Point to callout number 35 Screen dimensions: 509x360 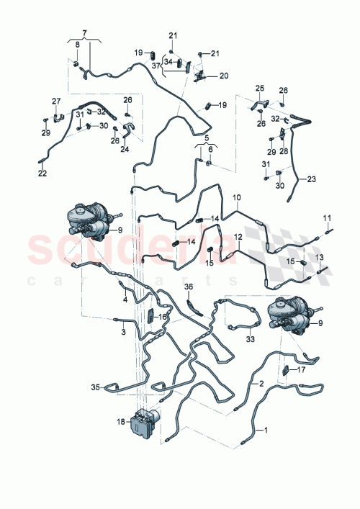(94, 387)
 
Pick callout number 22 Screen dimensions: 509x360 (41, 173)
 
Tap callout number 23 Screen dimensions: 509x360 (311, 179)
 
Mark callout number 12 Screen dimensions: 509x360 (238, 236)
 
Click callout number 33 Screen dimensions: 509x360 (251, 339)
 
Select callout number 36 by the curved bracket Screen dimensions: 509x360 (189, 287)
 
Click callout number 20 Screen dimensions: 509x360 (224, 76)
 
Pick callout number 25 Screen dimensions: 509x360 (260, 89)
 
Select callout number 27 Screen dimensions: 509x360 (55, 101)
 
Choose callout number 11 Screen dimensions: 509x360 (325, 217)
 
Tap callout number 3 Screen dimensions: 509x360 (123, 332)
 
